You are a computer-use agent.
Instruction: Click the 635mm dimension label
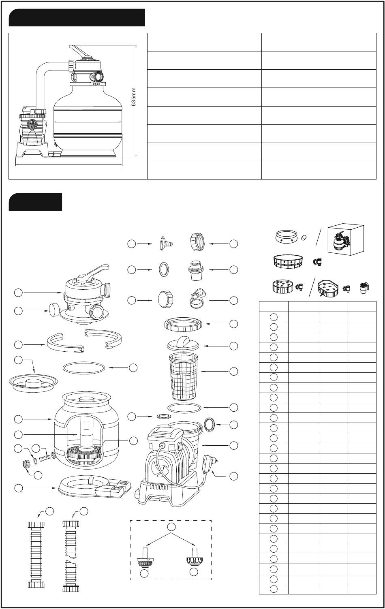[133, 97]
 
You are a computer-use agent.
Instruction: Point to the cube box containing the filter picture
[346, 240]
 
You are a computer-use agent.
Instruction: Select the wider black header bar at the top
[77, 17]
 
